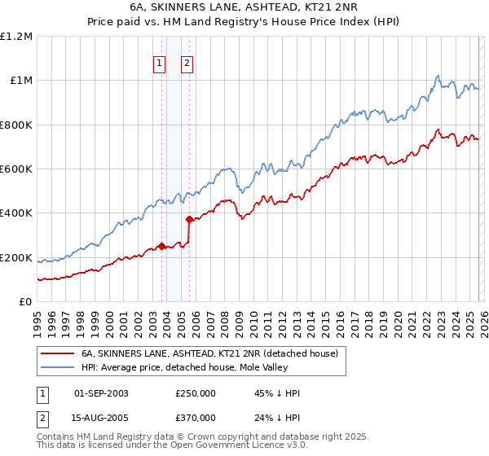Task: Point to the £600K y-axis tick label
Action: click(16, 169)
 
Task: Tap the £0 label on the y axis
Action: click(26, 302)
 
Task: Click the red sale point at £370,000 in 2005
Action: click(189, 220)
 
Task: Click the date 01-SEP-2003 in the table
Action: click(101, 393)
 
